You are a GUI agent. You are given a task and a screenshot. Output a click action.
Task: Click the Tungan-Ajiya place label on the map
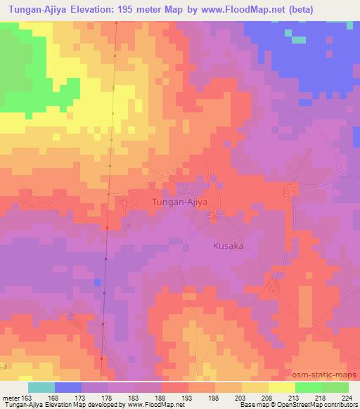[180, 202]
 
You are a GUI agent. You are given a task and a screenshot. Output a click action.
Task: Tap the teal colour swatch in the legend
[41, 387]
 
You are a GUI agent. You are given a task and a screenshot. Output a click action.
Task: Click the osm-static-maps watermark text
[326, 375]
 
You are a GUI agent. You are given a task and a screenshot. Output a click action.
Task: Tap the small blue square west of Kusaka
[96, 281]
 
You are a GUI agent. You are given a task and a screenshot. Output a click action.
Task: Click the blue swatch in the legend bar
[68, 387]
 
